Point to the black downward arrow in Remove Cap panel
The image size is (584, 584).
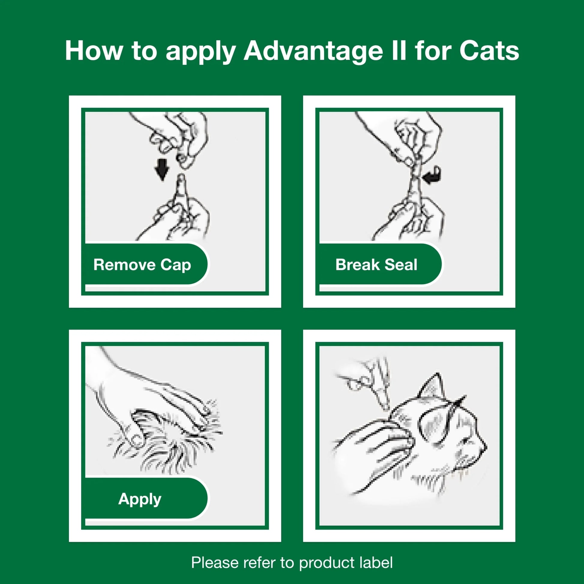tap(162, 169)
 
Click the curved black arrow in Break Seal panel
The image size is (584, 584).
tap(433, 175)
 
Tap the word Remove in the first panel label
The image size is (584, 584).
tap(124, 265)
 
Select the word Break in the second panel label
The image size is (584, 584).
tap(357, 265)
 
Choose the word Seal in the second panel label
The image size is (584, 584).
tap(401, 265)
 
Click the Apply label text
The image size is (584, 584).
tap(140, 499)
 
